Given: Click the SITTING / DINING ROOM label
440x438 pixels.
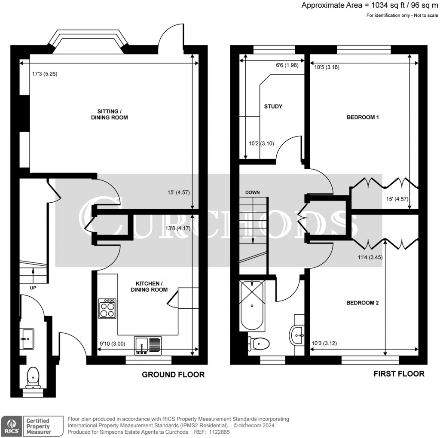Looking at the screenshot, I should click(109, 114).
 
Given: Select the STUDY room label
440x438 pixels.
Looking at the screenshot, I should click(273, 106).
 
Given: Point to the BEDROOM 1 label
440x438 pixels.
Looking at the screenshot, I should click(362, 117).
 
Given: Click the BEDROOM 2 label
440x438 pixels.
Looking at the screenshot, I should click(362, 303).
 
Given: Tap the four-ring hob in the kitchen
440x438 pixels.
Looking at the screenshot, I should click(107, 308).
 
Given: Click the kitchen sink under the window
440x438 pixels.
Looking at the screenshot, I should click(148, 345).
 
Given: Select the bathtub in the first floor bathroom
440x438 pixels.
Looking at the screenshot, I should click(251, 306).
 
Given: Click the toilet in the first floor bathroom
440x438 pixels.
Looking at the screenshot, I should click(259, 343).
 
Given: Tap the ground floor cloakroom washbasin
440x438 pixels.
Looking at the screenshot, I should click(27, 339).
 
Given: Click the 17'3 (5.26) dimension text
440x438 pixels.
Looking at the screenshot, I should click(45, 73).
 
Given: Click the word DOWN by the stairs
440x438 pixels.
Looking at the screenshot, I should click(253, 192).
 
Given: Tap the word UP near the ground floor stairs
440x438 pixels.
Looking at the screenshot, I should click(33, 288).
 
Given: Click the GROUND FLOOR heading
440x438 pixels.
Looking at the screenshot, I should click(173, 374).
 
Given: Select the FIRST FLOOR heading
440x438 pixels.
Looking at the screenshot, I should click(399, 374).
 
